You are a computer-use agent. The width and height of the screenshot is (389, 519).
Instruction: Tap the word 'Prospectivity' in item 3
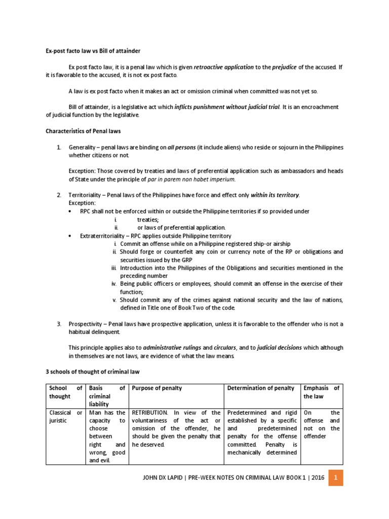pyautogui.click(x=87, y=324)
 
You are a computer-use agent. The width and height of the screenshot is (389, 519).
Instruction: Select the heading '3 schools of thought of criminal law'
pyautogui.click(x=92, y=372)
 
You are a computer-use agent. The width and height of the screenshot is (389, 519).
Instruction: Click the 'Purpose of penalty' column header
pyautogui.click(x=157, y=388)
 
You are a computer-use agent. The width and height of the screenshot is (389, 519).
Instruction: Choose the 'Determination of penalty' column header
pyautogui.click(x=261, y=388)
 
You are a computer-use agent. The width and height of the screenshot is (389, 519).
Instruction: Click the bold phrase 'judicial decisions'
pyautogui.click(x=279, y=348)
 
